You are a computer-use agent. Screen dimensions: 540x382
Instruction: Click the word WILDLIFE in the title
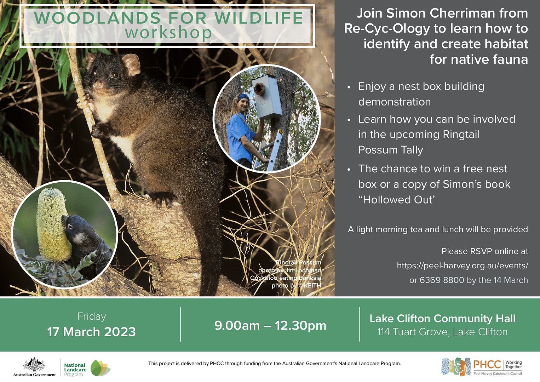click(259, 18)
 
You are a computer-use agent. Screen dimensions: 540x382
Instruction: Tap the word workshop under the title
click(168, 33)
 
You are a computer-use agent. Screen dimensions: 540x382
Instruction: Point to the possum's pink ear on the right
click(131, 64)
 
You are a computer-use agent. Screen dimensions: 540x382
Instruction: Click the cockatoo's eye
click(70, 227)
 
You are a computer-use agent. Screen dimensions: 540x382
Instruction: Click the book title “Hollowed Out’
click(397, 200)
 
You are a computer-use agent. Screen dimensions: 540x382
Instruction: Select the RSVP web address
click(463, 266)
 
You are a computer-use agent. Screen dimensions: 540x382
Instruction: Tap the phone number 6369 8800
click(442, 280)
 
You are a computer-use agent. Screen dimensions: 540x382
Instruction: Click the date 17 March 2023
click(91, 332)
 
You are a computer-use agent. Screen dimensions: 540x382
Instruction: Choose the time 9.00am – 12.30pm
click(270, 326)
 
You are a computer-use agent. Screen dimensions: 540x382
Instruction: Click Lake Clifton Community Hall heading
click(442, 319)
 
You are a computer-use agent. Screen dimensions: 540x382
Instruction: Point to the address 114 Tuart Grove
click(413, 332)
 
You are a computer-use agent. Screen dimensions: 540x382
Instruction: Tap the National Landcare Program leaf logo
click(100, 368)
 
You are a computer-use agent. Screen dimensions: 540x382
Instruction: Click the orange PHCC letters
click(487, 364)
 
